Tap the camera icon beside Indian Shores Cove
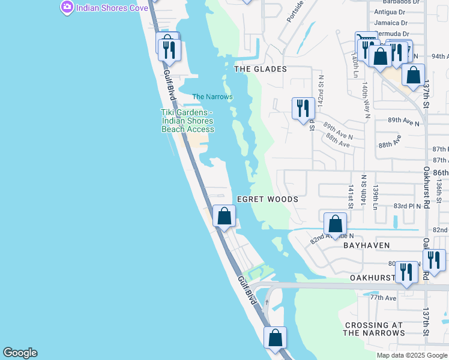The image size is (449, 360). tap(67, 7)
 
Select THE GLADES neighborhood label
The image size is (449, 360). tap(260, 69)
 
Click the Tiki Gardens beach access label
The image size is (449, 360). tap(187, 121)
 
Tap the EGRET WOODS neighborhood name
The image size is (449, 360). tap(267, 199)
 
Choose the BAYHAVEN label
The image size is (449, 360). tap(366, 245)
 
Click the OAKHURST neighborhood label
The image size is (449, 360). tap(372, 278)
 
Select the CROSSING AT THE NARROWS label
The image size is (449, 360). tap(373, 329)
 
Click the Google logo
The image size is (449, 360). tap(20, 353)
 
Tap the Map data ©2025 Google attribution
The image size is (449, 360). tap(412, 355)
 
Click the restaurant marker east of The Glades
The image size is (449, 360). tap(303, 109)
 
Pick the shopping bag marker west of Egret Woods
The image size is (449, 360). tap(224, 217)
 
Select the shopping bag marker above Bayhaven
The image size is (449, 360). tap(335, 224)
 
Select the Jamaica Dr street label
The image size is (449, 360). tap(391, 22)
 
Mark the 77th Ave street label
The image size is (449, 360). tap(383, 298)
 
